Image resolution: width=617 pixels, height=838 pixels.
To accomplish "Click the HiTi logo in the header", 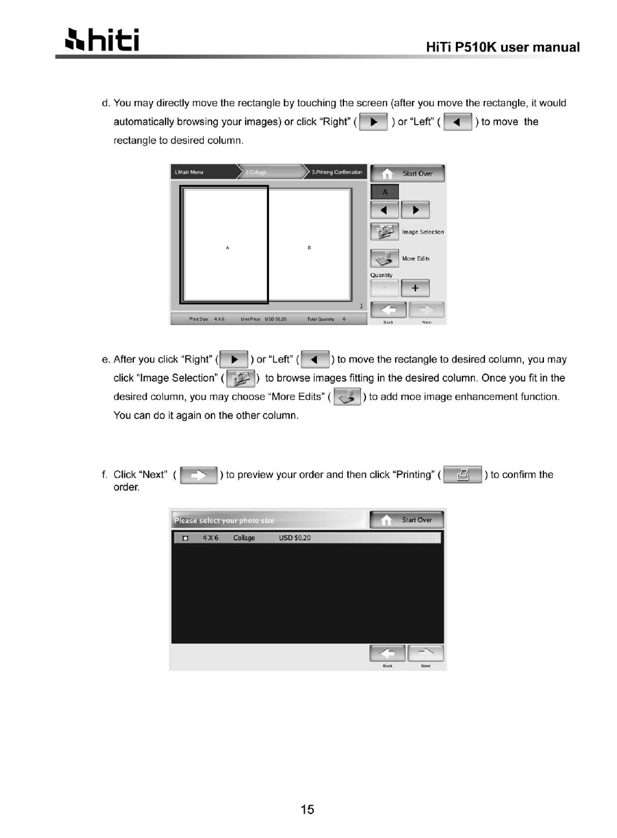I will pyautogui.click(x=102, y=40).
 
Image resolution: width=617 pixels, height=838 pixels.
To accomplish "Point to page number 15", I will pyautogui.click(x=307, y=810).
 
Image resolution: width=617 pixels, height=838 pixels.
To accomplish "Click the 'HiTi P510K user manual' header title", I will pyautogui.click(x=503, y=47).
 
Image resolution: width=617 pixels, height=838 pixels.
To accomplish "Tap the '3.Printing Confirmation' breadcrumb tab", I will pyautogui.click(x=336, y=172).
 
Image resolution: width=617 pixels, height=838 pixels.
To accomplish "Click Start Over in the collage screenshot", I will pyautogui.click(x=408, y=173).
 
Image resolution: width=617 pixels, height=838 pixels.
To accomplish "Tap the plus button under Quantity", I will pyautogui.click(x=415, y=288).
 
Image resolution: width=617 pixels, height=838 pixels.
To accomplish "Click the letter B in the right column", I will pyautogui.click(x=309, y=248).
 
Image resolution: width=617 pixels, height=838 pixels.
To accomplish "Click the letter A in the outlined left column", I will pyautogui.click(x=227, y=248).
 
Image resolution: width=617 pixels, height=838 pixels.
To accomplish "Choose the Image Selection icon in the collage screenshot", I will pyautogui.click(x=384, y=232).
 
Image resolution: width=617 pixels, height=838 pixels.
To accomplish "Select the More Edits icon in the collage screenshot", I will pyautogui.click(x=384, y=258).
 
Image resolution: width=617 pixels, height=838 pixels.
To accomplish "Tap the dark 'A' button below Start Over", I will pyautogui.click(x=385, y=192).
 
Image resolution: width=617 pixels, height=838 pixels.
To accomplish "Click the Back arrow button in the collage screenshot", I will pyautogui.click(x=388, y=310).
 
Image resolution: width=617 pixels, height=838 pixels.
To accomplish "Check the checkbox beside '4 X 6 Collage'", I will pyautogui.click(x=186, y=538).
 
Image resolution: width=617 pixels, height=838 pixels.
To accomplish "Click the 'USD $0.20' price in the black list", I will pyautogui.click(x=295, y=538).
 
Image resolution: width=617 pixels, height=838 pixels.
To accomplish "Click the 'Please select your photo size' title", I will pyautogui.click(x=224, y=520).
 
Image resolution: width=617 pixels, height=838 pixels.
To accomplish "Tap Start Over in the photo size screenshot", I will pyautogui.click(x=407, y=520).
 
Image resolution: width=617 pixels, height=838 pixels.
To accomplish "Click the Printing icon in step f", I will pyautogui.click(x=462, y=475).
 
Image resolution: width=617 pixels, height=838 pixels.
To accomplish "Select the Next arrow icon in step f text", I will pyautogui.click(x=199, y=476).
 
